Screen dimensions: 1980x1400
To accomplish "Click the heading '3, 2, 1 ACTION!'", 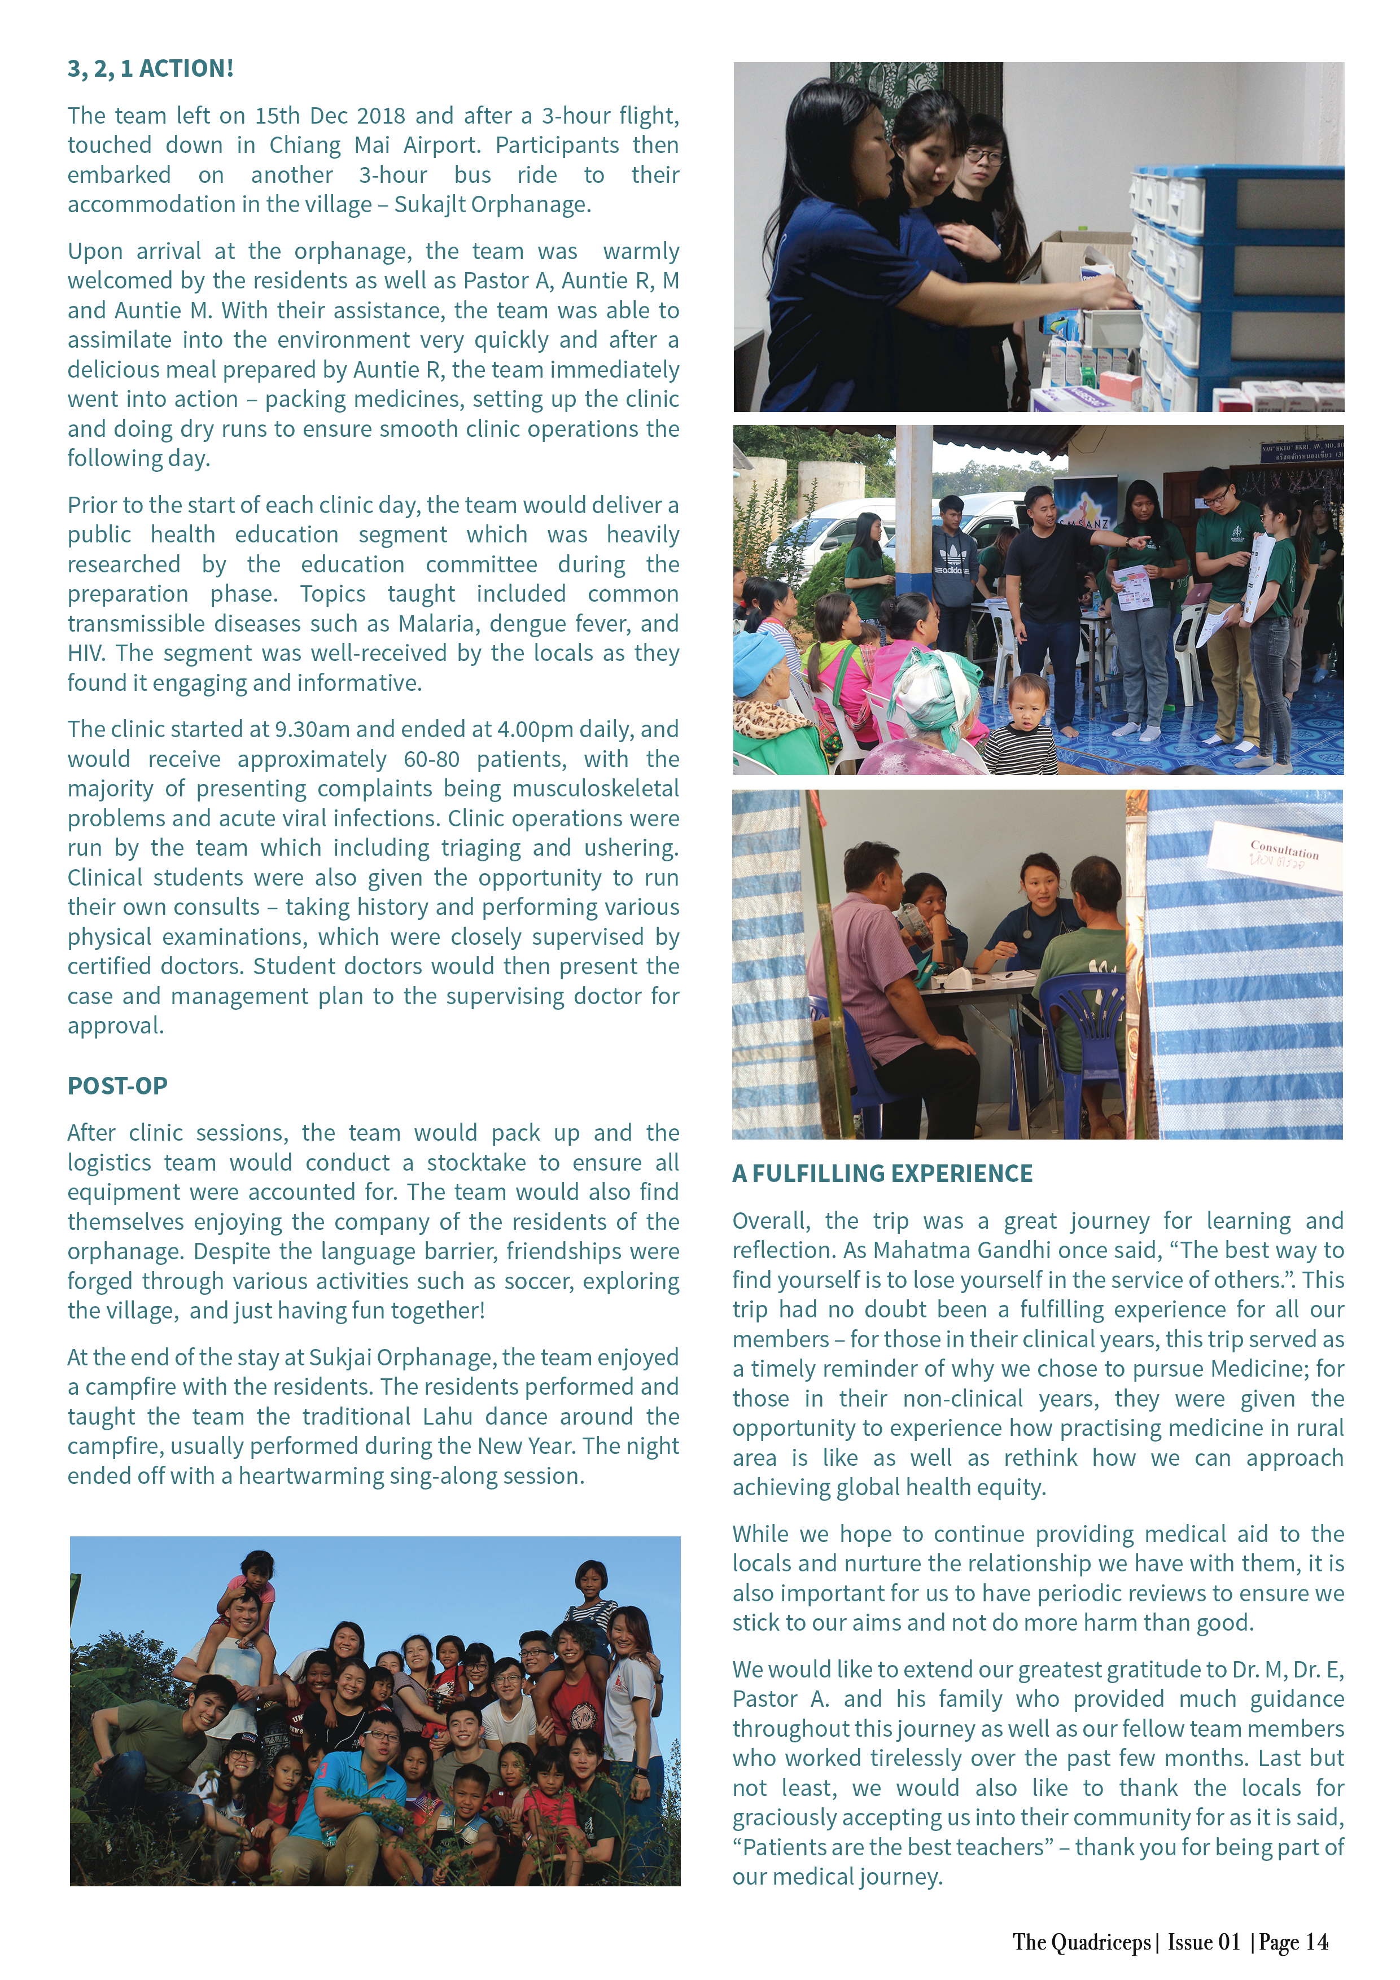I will click(150, 69).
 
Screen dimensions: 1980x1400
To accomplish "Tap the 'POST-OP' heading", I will click(117, 1086).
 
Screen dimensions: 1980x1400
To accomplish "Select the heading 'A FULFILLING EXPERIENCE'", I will click(882, 1173).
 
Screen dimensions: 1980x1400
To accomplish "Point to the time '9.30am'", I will click(312, 730).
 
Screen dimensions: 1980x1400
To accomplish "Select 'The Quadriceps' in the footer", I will click(1081, 1942).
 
